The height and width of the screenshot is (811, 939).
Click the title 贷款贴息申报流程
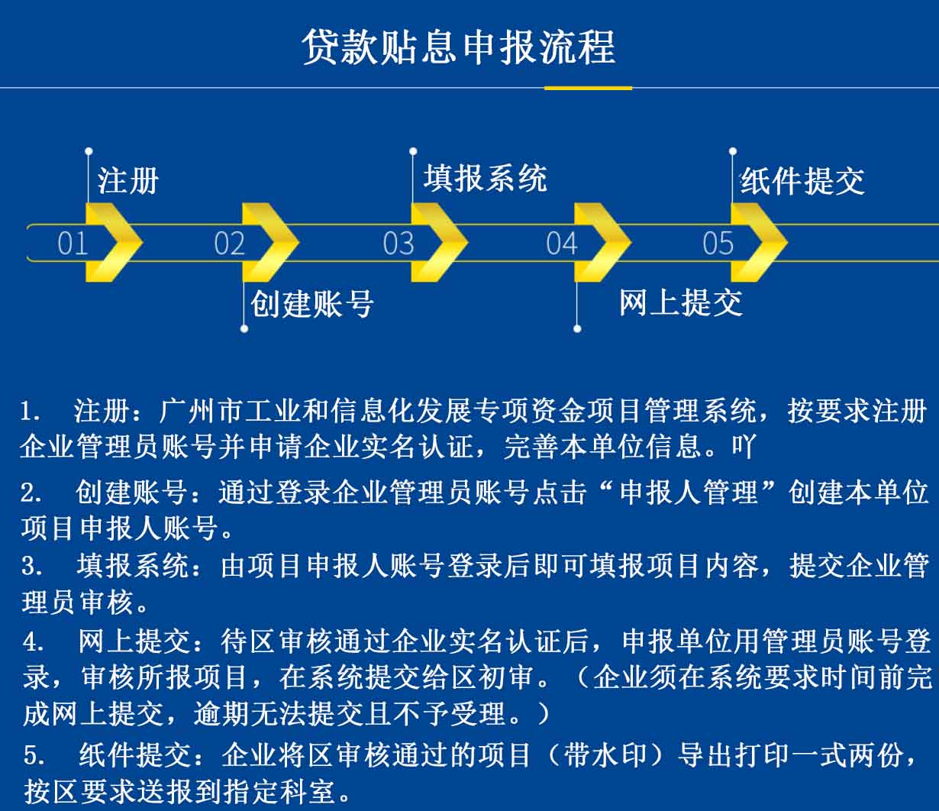click(459, 47)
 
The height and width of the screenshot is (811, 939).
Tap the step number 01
click(73, 244)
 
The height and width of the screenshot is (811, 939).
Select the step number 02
click(229, 244)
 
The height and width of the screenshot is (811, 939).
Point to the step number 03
click(399, 244)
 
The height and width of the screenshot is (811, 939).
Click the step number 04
click(562, 244)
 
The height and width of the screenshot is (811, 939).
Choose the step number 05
click(718, 244)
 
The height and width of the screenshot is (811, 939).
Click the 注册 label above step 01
click(128, 181)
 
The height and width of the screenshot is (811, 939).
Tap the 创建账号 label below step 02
click(312, 304)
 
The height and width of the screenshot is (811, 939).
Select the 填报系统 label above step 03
click(486, 179)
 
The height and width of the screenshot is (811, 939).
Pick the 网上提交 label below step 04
click(681, 303)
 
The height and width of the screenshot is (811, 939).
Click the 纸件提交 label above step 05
click(802, 181)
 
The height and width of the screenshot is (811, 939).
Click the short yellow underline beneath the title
click(588, 88)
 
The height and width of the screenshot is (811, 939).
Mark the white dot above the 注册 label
click(89, 151)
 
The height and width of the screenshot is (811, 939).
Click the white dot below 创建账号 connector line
click(244, 329)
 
